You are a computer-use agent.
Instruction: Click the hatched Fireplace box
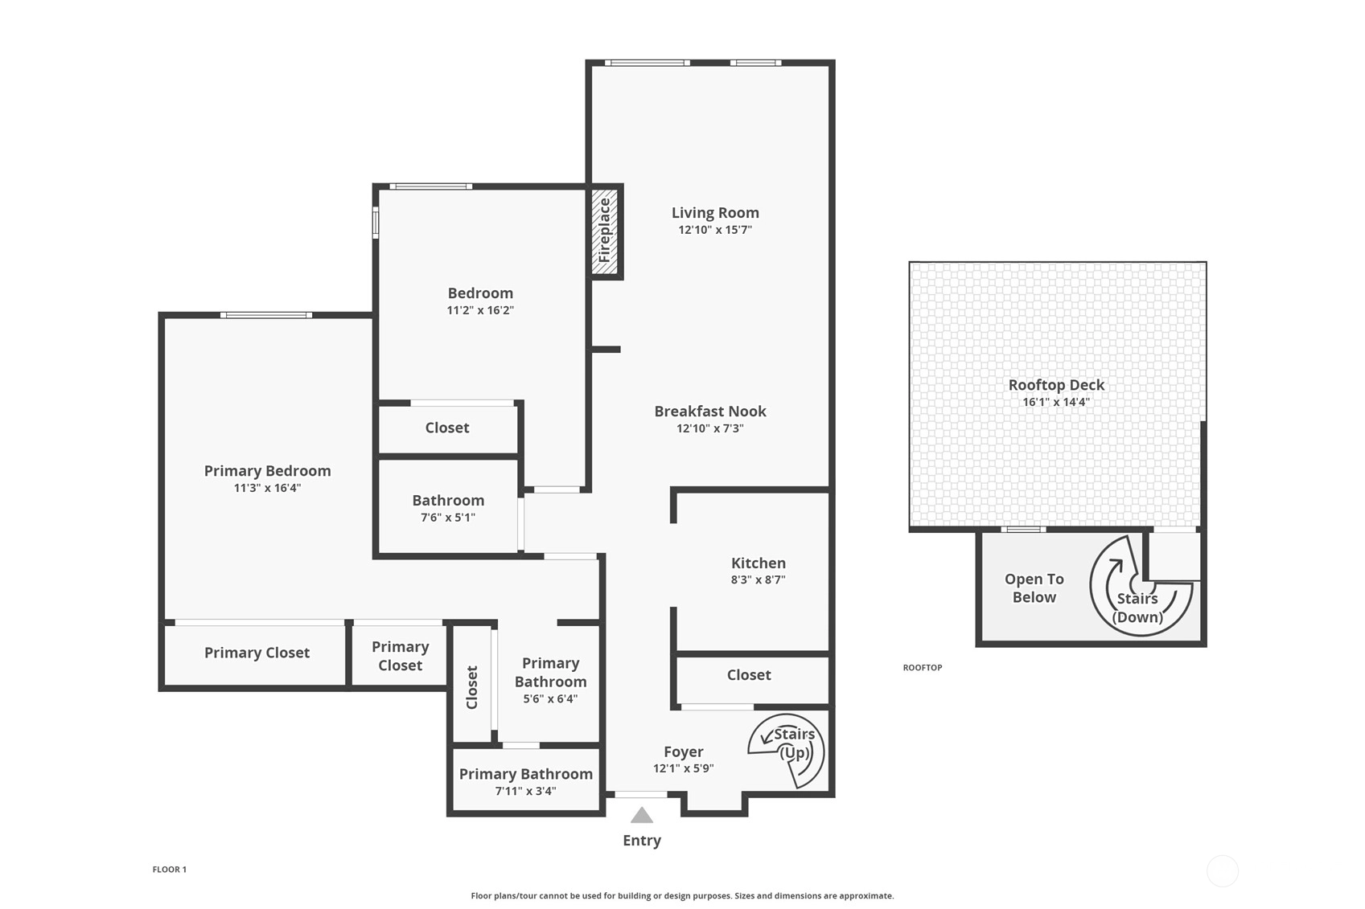click(605, 231)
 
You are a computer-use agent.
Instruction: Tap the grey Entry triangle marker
click(642, 815)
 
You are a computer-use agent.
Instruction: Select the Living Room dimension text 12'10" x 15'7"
click(715, 230)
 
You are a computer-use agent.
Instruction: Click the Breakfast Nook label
click(710, 411)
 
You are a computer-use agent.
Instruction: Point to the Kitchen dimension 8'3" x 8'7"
click(758, 579)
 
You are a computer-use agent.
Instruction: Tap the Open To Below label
click(1034, 588)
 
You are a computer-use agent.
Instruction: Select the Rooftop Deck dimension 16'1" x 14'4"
click(1056, 402)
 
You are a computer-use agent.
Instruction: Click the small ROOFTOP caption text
click(923, 667)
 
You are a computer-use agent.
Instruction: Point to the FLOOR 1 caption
click(170, 870)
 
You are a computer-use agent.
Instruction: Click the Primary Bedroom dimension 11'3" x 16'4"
click(268, 488)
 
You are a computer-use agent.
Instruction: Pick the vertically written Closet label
click(471, 687)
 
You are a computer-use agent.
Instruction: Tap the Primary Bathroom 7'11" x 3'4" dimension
click(525, 791)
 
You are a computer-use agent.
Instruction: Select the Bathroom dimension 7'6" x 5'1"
click(448, 518)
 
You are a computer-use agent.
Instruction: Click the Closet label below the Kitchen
click(749, 674)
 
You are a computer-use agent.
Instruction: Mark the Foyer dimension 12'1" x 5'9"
click(683, 768)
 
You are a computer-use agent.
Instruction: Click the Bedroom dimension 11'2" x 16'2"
click(480, 310)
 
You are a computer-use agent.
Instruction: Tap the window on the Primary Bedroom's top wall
click(266, 315)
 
